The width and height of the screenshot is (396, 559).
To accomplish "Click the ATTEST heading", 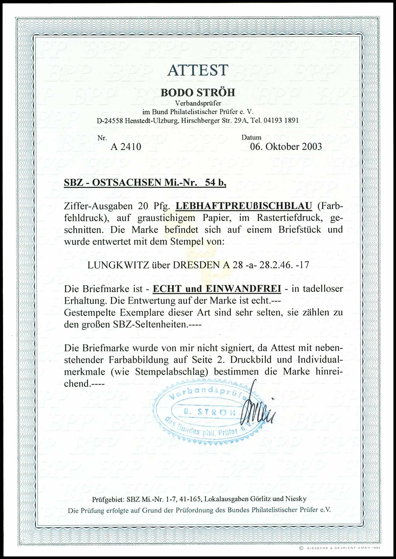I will (198, 70).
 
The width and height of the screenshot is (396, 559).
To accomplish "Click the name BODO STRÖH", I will (198, 92).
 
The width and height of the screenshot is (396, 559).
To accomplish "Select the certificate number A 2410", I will (126, 146).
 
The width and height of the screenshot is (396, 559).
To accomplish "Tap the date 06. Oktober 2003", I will (286, 146).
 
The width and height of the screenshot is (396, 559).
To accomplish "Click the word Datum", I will (251, 138).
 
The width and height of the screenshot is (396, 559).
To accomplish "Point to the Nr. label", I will (102, 138).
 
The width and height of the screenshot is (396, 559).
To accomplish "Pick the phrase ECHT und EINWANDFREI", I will (217, 289).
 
